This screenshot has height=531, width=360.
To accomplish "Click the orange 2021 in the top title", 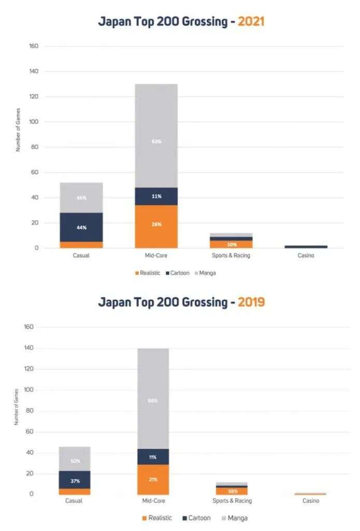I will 251,22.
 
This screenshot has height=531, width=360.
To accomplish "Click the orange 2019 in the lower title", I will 251,302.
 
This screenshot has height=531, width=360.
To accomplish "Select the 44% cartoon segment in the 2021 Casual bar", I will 81,227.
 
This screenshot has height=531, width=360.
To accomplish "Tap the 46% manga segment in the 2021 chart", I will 81,198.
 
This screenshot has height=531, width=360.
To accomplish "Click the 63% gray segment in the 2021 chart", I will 156,141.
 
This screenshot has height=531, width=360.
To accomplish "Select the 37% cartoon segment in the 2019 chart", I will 75,481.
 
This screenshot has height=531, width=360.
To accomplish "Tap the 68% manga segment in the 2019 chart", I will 153,400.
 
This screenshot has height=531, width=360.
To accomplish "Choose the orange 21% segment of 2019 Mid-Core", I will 153,479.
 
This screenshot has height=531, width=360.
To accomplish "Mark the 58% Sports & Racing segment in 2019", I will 232,491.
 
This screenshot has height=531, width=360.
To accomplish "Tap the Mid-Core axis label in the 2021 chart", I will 156,256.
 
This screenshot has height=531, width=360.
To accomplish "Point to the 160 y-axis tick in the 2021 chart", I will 34,46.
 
